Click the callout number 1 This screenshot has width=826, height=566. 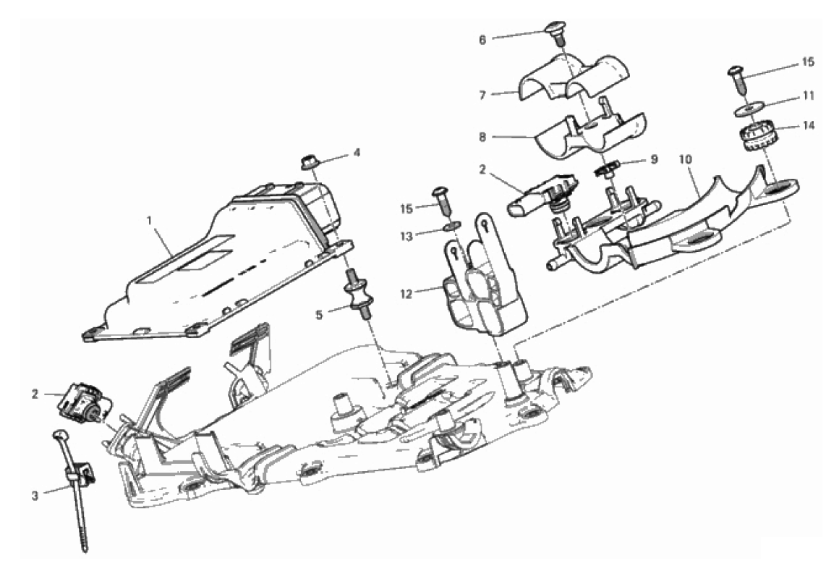[150, 220]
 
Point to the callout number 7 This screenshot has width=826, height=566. [482, 96]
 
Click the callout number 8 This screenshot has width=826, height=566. [482, 137]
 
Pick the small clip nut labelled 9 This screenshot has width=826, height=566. [607, 171]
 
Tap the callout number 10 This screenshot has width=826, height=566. [685, 159]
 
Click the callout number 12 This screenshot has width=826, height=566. [406, 294]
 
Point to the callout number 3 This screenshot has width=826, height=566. [35, 496]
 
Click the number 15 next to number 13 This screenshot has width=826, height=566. [406, 209]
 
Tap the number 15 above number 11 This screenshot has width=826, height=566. [808, 62]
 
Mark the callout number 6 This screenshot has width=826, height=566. [482, 40]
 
